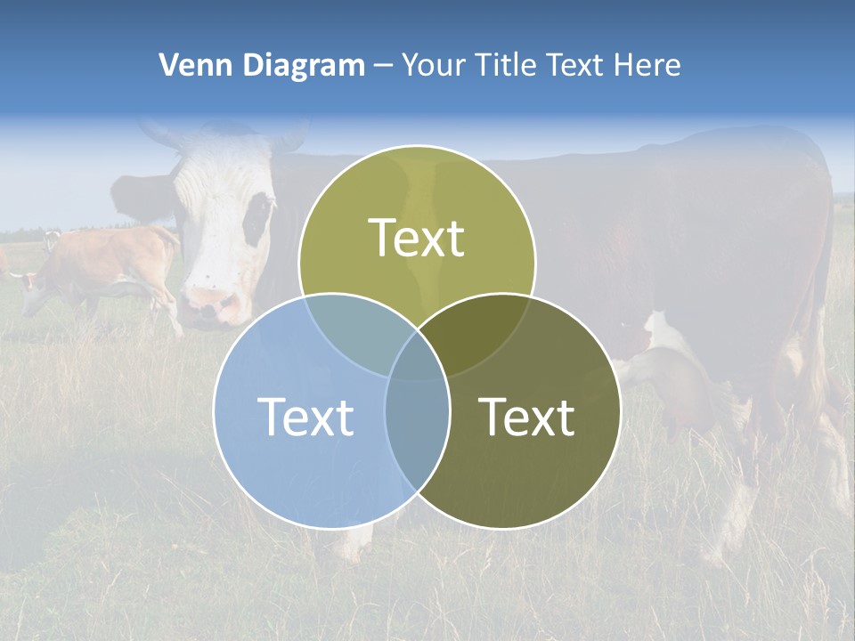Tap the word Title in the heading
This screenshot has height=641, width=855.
click(x=504, y=65)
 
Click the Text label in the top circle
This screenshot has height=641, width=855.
click(x=417, y=238)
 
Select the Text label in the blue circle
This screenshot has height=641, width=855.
click(x=305, y=417)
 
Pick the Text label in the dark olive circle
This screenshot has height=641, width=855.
click(x=526, y=417)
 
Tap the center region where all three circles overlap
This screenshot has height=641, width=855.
click(x=417, y=356)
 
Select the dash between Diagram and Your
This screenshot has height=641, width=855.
click(x=383, y=66)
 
